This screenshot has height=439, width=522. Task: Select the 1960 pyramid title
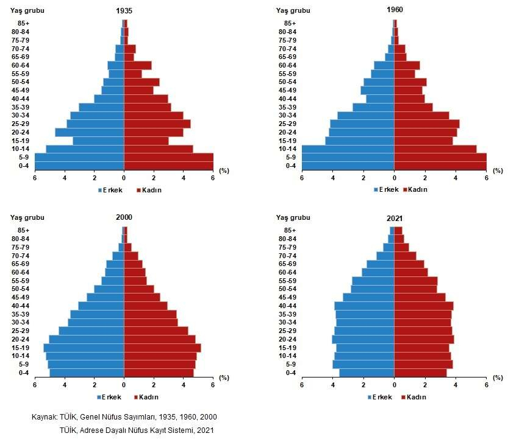395,10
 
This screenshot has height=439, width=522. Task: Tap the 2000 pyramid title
124,217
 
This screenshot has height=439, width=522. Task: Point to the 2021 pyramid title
395,218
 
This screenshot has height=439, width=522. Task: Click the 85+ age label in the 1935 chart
24,23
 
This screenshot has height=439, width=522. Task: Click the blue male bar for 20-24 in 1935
90,132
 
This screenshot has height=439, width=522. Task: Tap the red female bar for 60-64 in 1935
138,65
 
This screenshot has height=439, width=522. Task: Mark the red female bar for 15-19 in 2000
162,348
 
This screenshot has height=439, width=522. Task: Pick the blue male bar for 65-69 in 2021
381,264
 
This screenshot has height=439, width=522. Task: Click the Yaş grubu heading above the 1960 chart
292,10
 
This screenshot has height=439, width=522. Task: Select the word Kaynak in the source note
45,417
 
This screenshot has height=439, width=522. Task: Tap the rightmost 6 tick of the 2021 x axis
487,384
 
